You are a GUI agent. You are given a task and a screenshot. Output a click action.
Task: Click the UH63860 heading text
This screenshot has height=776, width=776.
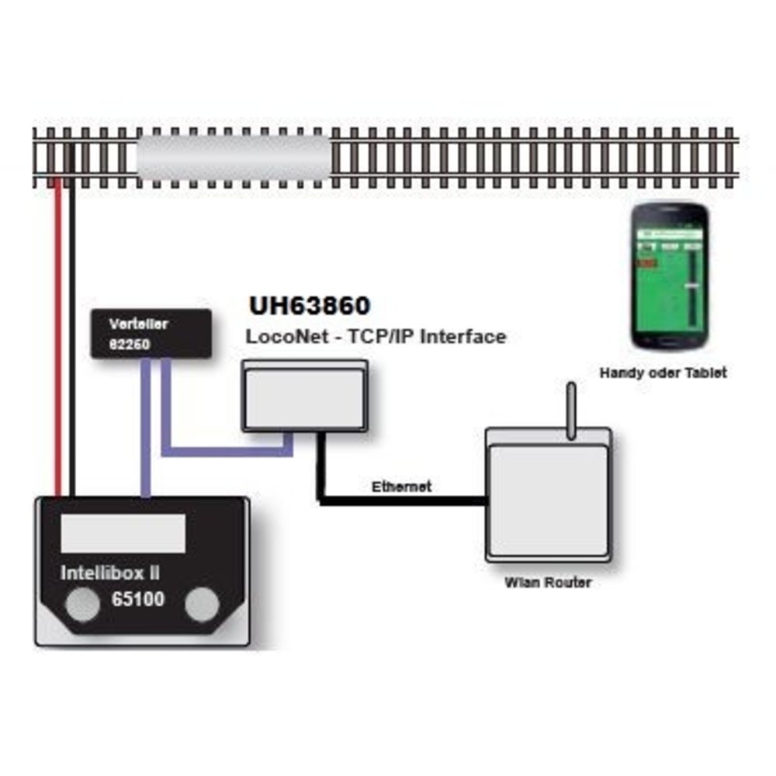coord(309,306)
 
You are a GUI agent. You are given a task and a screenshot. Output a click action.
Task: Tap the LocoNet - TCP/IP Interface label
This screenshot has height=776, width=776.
coord(376,337)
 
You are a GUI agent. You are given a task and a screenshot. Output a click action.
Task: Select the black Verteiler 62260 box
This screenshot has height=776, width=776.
coord(151,333)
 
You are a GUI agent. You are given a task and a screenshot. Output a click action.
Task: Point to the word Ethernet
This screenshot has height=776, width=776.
coord(401,487)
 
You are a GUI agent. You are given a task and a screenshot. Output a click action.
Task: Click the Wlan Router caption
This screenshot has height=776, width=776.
coord(547,582)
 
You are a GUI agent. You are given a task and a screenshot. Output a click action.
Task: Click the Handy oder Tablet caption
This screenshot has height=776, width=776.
coord(663,372)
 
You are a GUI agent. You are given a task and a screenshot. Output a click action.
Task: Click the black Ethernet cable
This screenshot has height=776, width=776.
coord(404,501)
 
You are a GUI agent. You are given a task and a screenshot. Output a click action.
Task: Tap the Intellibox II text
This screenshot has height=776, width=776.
coord(110,573)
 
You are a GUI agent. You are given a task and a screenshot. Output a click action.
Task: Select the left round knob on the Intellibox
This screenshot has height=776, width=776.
coord(82,605)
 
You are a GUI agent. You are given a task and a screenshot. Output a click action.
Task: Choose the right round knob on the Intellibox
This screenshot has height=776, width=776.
coord(201,605)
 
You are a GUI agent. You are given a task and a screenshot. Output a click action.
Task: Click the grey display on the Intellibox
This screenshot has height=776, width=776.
coord(123,533)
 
